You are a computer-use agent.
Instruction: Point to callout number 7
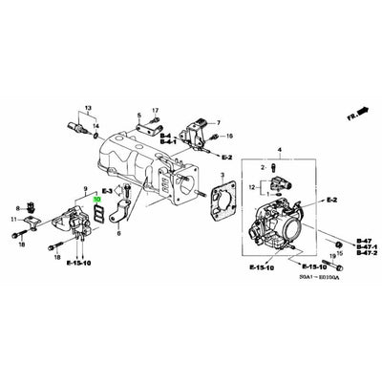(x=217, y=124)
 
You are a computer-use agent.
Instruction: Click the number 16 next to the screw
(x=229, y=138)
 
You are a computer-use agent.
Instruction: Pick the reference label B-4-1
(x=165, y=145)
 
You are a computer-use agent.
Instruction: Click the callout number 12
(x=252, y=189)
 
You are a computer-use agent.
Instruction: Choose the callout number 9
(x=87, y=191)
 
